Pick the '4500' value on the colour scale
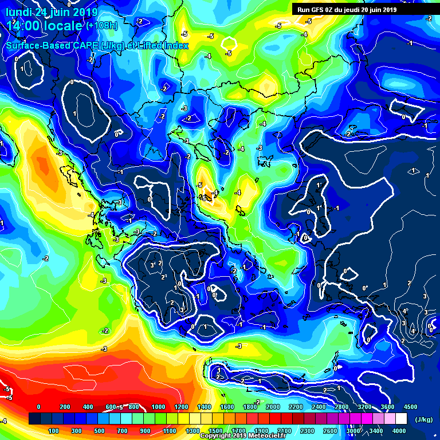pos(410,407)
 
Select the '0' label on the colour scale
pos(38,407)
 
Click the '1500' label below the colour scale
pos(215,431)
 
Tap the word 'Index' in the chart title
pos(175,45)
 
